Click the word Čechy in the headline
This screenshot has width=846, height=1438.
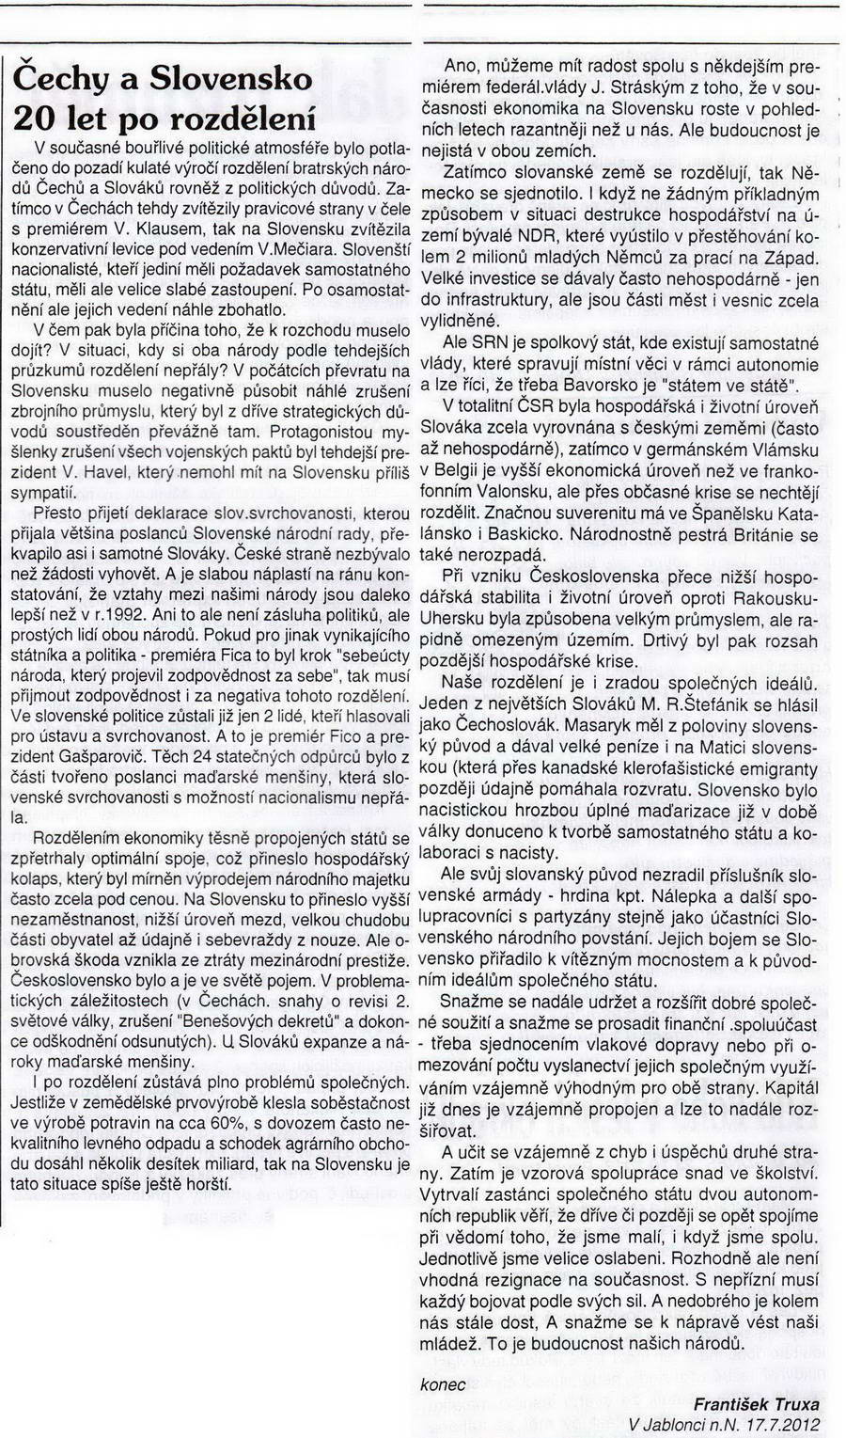61,78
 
